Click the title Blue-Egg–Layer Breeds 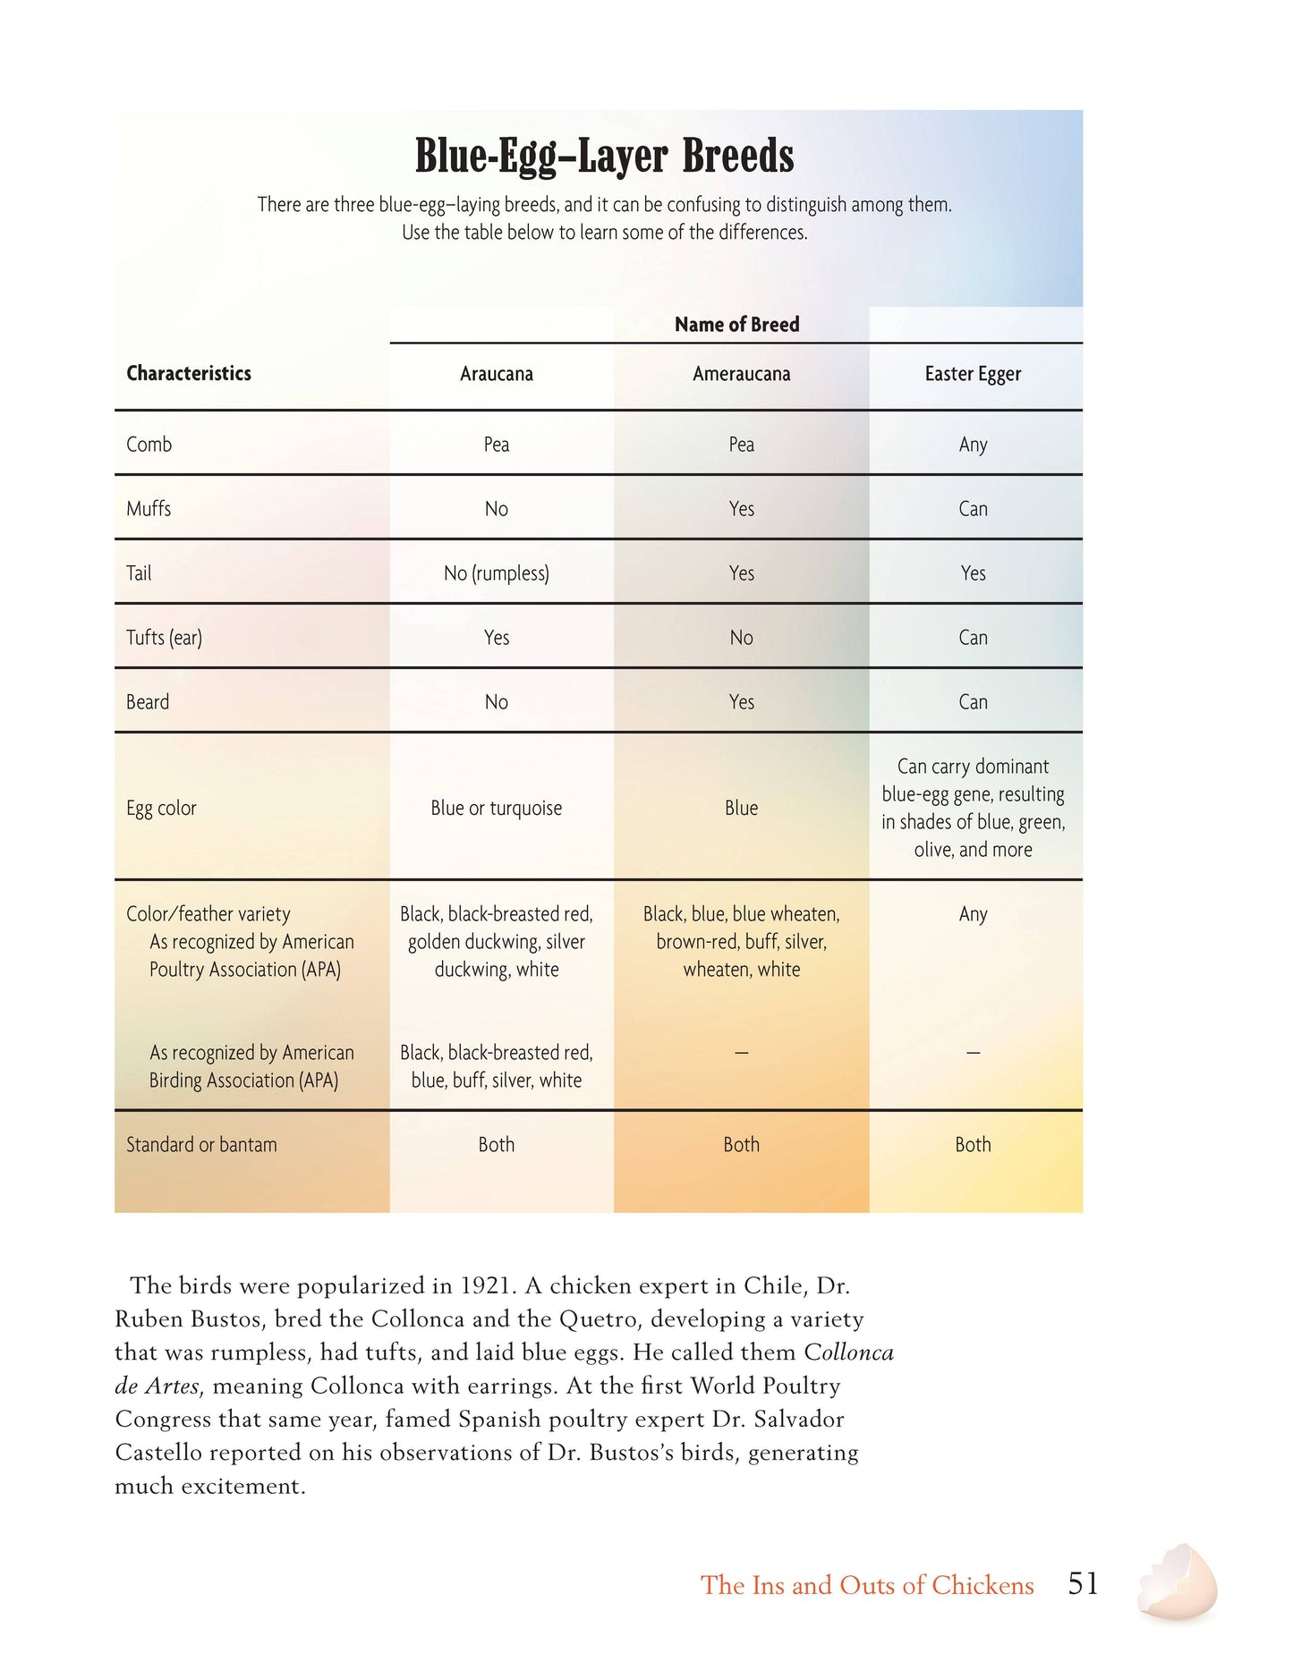(x=604, y=156)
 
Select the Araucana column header (x=497, y=374)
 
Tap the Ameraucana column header (x=741, y=374)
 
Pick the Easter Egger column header (x=973, y=374)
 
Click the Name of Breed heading (x=736, y=325)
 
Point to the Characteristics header (x=189, y=373)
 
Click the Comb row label (x=149, y=445)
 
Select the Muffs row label (x=149, y=509)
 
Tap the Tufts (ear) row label (x=165, y=638)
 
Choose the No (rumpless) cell (x=497, y=573)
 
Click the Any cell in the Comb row (x=973, y=445)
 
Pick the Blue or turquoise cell (x=497, y=809)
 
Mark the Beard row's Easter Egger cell (x=973, y=702)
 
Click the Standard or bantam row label (x=201, y=1145)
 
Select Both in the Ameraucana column (x=741, y=1145)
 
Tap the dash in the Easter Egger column (x=973, y=1053)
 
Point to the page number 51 (x=1083, y=1584)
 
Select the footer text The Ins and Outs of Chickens (x=867, y=1585)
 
